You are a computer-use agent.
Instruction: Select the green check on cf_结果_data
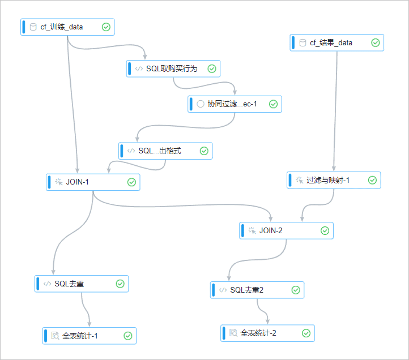click(x=375, y=42)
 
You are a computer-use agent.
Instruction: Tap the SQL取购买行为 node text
click(x=171, y=68)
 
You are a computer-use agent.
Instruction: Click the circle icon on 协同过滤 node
click(x=200, y=104)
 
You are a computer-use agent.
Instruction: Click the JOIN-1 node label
click(x=77, y=182)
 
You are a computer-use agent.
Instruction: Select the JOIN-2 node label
click(x=270, y=231)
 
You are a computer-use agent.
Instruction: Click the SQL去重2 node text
click(x=246, y=290)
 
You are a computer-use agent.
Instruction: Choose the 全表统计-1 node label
click(x=80, y=336)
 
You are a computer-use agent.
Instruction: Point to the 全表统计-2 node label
click(x=258, y=333)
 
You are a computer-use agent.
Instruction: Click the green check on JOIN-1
click(x=131, y=182)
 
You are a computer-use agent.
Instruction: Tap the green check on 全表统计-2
click(x=306, y=333)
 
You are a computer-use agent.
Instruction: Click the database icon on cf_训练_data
click(x=33, y=27)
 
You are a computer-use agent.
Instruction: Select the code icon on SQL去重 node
click(x=47, y=284)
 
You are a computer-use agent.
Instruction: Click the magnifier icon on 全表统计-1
click(x=55, y=336)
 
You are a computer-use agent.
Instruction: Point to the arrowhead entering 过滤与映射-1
click(x=334, y=169)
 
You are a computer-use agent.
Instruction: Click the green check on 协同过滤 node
click(x=272, y=104)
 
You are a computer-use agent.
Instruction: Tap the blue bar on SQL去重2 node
click(x=214, y=290)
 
